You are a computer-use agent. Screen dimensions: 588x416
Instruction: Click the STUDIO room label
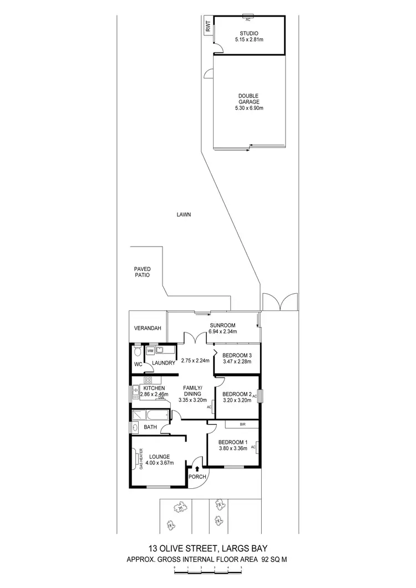point(248,33)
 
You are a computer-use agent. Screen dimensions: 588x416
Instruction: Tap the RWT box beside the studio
point(209,28)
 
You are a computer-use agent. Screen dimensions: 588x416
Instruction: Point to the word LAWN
point(184,214)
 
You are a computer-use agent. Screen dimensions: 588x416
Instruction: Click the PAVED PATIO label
point(143,272)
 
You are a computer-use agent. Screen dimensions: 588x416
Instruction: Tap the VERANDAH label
point(148,329)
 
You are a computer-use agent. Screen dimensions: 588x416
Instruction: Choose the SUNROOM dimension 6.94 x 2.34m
point(223,332)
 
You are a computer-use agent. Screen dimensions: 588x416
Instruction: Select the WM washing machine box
point(150,351)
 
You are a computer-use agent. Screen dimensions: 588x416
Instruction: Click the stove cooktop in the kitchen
point(149,381)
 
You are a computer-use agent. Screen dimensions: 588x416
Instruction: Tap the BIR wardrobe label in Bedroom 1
point(242,425)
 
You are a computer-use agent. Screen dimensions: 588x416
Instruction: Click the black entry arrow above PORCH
point(197,469)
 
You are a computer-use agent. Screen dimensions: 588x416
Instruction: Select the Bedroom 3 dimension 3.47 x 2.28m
point(236,362)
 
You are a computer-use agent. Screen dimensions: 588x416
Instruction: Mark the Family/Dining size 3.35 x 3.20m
point(192,400)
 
